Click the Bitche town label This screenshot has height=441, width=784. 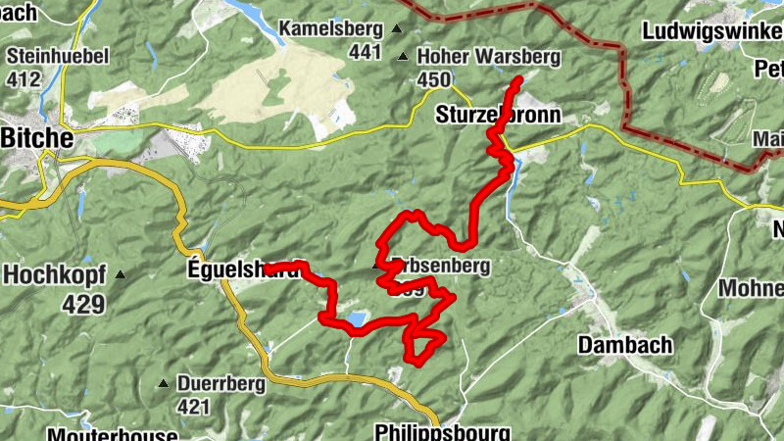pos(36,139)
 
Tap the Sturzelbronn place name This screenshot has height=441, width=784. pos(497,116)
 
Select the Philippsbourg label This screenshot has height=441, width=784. pos(442,432)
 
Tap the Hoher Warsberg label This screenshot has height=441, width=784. pos(488,58)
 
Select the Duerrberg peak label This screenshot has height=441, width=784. pos(220,384)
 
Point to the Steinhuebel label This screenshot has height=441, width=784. pos(57,55)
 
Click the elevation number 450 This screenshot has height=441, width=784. pos(433,80)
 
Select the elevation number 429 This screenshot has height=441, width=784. pos(82,305)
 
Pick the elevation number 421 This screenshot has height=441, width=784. pos(194,406)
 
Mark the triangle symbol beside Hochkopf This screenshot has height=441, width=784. pos(120,274)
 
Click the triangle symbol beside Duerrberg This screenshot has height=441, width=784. pos(164,383)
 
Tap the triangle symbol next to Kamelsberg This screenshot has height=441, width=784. pos(396,28)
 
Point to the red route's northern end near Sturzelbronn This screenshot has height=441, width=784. pos(518,79)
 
